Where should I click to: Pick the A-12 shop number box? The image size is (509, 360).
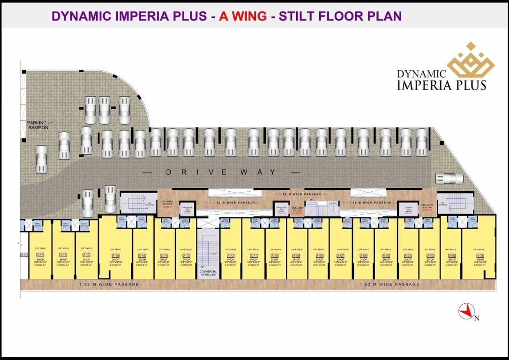point(231,255)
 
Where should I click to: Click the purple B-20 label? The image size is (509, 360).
point(24,255)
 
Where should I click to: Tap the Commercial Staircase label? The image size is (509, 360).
point(208,273)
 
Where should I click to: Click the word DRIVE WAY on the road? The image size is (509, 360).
point(221,172)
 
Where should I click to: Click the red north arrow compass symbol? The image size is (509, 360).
point(466,312)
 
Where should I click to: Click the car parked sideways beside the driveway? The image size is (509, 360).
point(449,178)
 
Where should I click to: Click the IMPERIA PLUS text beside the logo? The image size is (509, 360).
point(441,85)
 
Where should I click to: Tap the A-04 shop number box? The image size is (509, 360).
point(408,255)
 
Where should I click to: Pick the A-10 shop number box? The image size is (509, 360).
point(275,255)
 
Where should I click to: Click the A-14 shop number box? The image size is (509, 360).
point(165,255)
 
